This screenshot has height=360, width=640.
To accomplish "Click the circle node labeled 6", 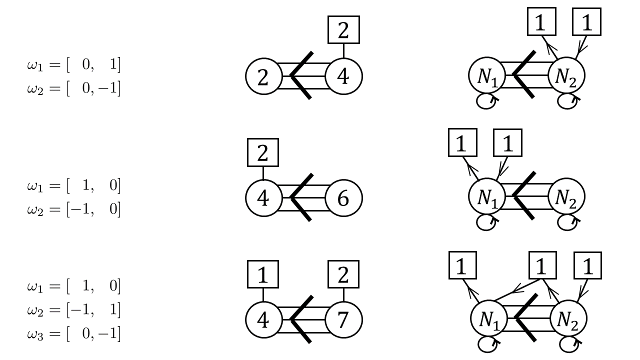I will pos(343,198).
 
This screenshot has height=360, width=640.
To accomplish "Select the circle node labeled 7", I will pos(343,320).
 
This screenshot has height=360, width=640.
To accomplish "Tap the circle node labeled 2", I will pos(263,77).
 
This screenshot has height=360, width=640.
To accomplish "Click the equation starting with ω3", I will pos(74,333).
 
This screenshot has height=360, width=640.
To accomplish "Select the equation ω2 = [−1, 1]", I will pos(74,310).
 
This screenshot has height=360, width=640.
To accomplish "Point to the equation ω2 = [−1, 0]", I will pos(74,209).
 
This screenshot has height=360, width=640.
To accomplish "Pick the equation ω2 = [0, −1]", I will pos(74,88).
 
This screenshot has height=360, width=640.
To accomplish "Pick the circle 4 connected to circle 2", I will pos(343,77).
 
